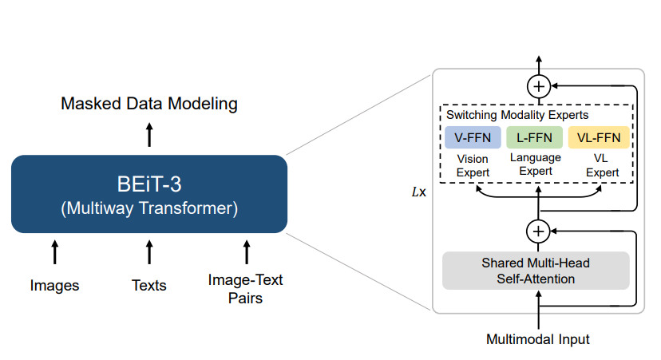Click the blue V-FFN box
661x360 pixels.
(x=473, y=137)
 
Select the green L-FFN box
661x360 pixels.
(x=534, y=137)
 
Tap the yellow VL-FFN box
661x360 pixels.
(x=599, y=137)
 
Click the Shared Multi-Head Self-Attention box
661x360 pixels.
(x=536, y=271)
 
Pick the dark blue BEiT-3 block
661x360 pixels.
(x=149, y=194)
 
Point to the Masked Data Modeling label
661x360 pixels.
(x=149, y=104)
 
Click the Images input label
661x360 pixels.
(x=54, y=286)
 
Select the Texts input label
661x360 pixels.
(x=149, y=286)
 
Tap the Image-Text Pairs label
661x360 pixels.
(x=245, y=289)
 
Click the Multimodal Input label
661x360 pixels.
(x=538, y=339)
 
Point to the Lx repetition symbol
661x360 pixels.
(x=418, y=192)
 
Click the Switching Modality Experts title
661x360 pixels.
(x=517, y=115)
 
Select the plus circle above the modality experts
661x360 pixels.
(x=539, y=86)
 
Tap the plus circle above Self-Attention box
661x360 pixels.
(x=538, y=231)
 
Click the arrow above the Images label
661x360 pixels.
(x=55, y=252)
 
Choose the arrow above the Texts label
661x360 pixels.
(x=149, y=252)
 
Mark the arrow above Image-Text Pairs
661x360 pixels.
(x=247, y=252)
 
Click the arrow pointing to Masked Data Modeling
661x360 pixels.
(x=149, y=134)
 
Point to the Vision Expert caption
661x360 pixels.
(x=473, y=166)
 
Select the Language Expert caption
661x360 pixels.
(x=536, y=164)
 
